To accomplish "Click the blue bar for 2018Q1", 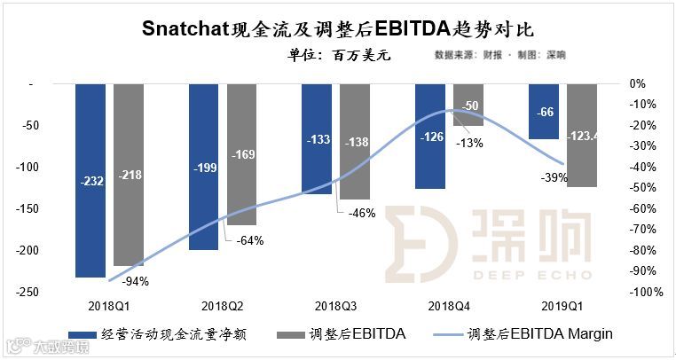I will [90, 180].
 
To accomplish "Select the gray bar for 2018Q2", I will [241, 154].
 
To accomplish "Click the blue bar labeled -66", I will [543, 111].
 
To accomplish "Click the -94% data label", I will [134, 282].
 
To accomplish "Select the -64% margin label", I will [248, 239].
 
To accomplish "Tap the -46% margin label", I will [361, 213].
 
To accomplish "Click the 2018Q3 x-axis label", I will [335, 305].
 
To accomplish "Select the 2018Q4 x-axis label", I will [449, 305].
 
